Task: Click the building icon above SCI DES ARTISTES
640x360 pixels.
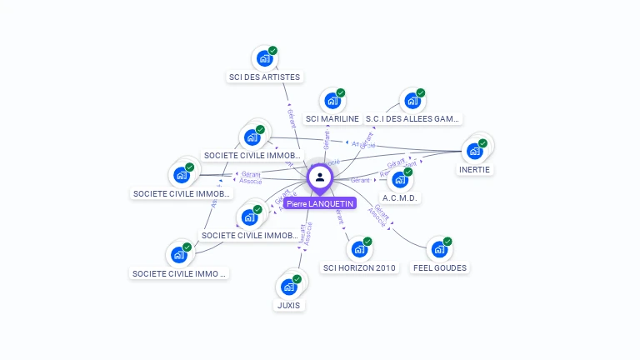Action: (x=264, y=58)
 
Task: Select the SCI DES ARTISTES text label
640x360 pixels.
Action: (x=264, y=77)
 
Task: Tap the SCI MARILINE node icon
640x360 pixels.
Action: (x=332, y=101)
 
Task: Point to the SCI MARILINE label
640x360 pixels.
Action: (x=332, y=119)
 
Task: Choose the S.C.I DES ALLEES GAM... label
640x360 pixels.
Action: (x=413, y=119)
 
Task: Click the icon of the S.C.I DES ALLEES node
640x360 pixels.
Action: (x=412, y=101)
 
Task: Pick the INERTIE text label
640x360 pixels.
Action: (x=475, y=169)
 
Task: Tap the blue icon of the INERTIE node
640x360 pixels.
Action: (x=475, y=151)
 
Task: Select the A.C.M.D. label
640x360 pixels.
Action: (x=400, y=198)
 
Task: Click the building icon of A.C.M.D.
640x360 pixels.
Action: (x=400, y=179)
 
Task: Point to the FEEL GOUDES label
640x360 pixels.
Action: (x=440, y=268)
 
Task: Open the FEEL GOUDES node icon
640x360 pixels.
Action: (x=438, y=249)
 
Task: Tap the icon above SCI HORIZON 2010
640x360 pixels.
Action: (x=359, y=249)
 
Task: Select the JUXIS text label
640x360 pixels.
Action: (x=288, y=306)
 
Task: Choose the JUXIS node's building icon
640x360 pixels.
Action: (x=288, y=287)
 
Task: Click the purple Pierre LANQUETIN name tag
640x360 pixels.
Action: (x=320, y=203)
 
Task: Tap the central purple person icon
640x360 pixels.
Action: (x=320, y=177)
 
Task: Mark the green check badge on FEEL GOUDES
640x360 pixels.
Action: (x=447, y=242)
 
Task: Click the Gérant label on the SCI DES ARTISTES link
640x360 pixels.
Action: (x=291, y=116)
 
